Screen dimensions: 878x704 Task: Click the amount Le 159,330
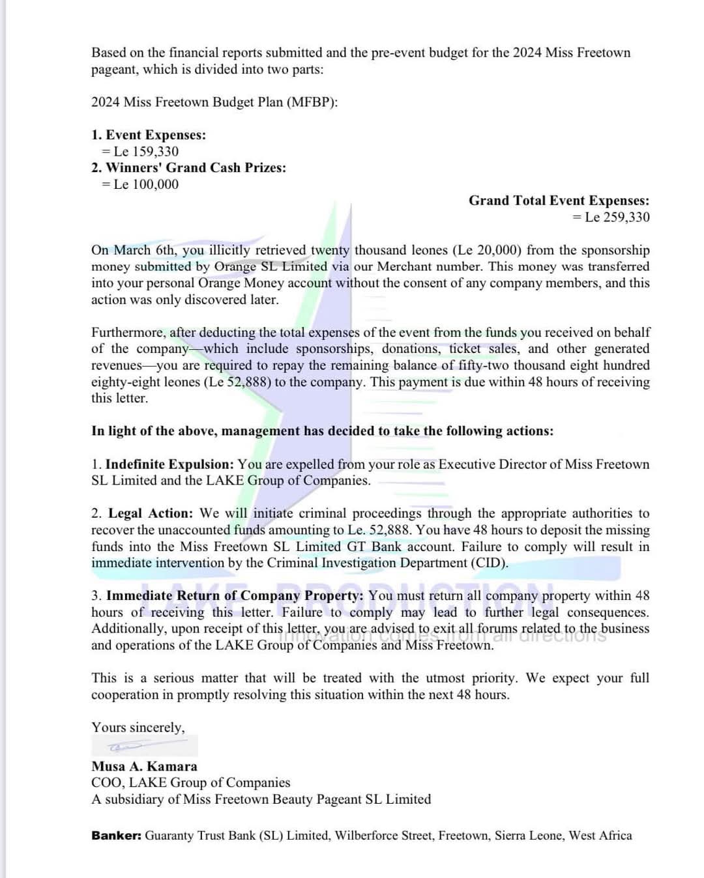click(146, 151)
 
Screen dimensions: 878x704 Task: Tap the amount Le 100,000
click(146, 184)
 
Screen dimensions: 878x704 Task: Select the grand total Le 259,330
click(617, 218)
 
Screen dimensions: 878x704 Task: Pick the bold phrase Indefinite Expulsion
click(169, 464)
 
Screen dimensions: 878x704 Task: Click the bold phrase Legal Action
click(151, 513)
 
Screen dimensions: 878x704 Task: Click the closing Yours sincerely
click(138, 728)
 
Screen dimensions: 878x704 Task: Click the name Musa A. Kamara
click(144, 767)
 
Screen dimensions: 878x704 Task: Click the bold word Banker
click(116, 836)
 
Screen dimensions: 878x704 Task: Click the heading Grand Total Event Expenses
click(559, 201)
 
